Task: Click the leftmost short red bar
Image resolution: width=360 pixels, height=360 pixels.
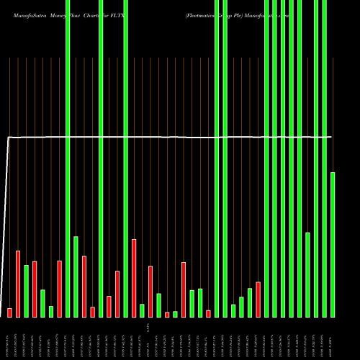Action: [x=9, y=312]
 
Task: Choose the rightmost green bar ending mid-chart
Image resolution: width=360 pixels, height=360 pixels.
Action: [x=333, y=245]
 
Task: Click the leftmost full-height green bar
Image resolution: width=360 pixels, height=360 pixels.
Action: [x=68, y=158]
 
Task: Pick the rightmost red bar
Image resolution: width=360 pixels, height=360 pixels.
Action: [x=258, y=300]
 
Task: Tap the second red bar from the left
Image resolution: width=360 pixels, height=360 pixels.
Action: [x=18, y=284]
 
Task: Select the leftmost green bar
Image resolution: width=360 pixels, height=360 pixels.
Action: [x=26, y=291]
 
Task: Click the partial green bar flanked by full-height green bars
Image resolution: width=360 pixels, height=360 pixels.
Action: [x=307, y=274]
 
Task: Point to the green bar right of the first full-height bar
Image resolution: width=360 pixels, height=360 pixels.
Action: [x=76, y=276]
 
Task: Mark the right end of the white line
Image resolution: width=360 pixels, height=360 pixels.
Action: [x=332, y=137]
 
